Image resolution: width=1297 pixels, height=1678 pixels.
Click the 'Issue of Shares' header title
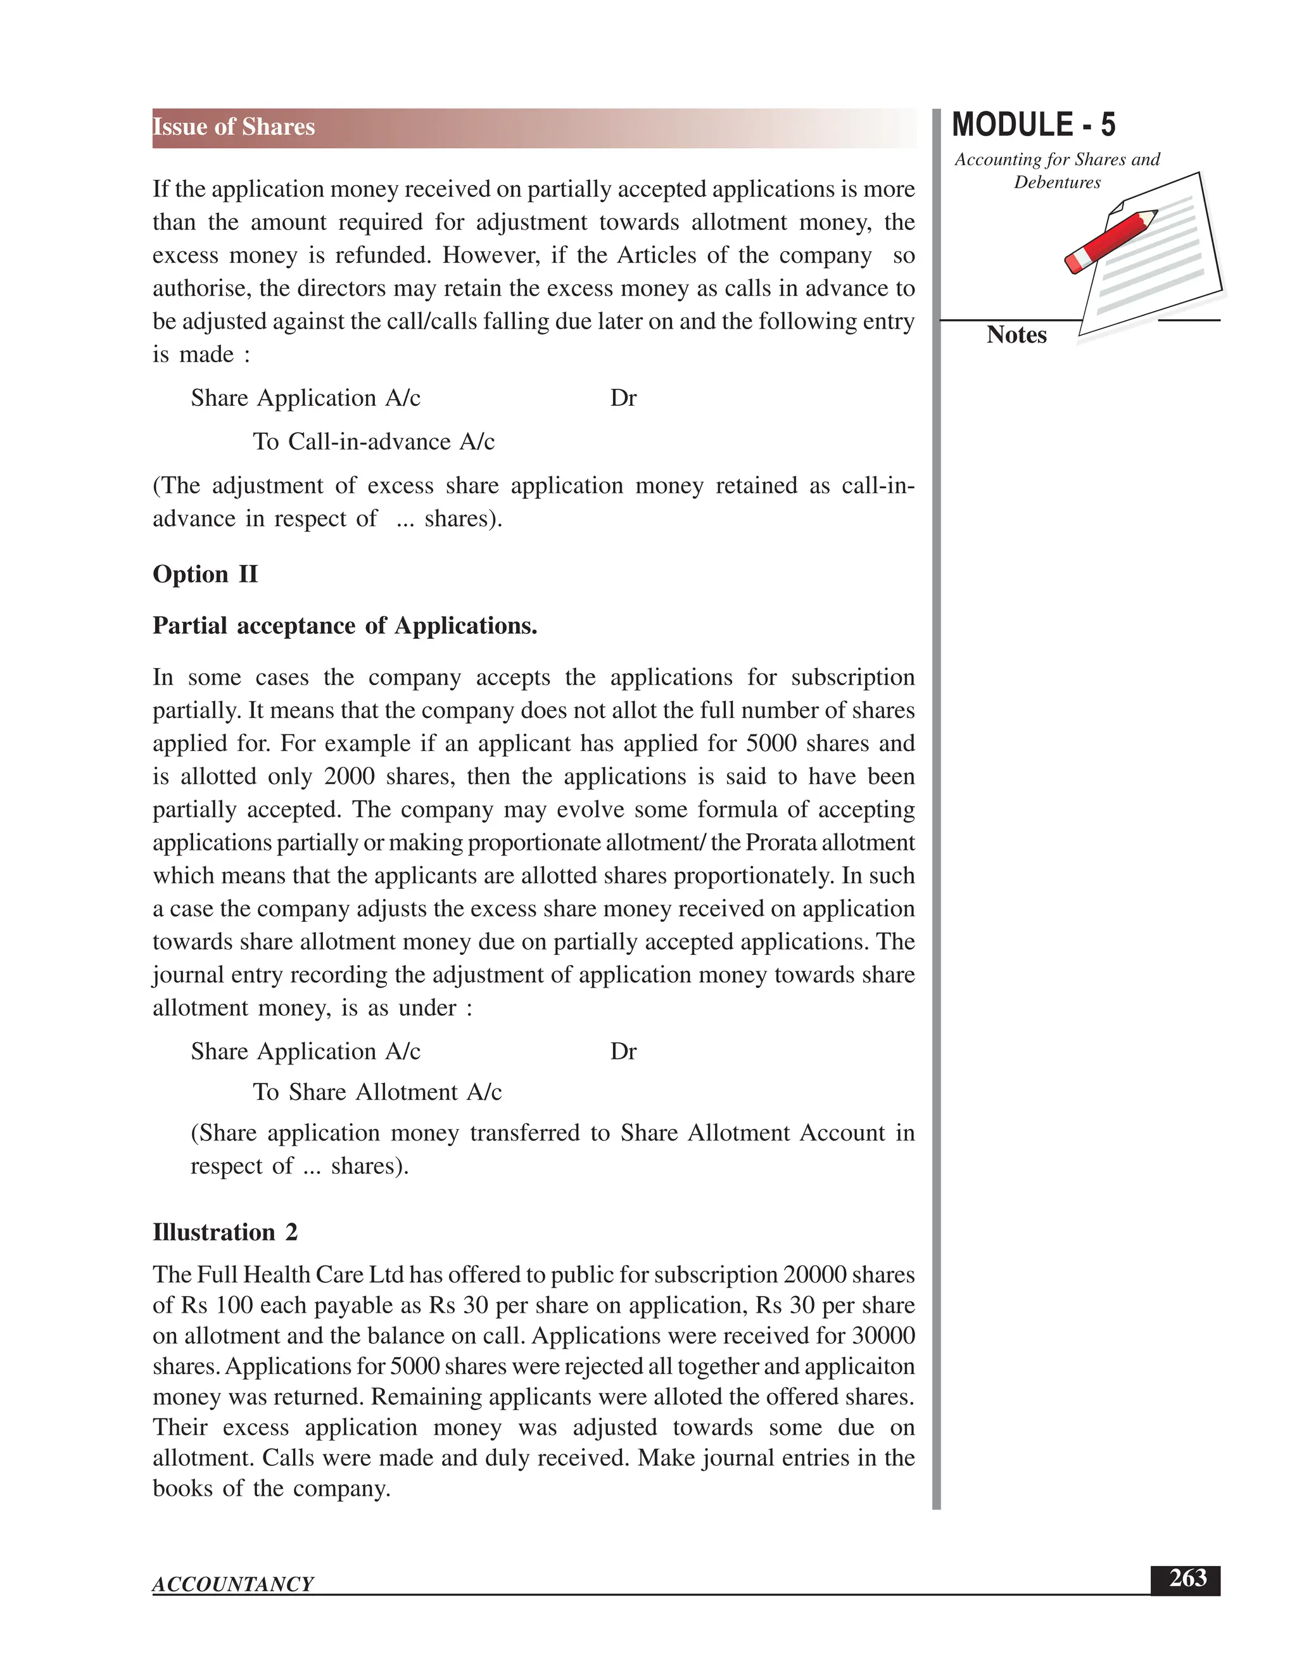pyautogui.click(x=234, y=127)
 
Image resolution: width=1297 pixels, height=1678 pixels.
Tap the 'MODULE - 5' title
pyautogui.click(x=1033, y=125)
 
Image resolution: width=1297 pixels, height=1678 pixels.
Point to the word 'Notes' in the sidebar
pyautogui.click(x=1016, y=335)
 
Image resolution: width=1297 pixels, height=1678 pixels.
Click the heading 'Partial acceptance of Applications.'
pyautogui.click(x=345, y=626)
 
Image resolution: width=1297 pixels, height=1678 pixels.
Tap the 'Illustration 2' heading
pyautogui.click(x=225, y=1232)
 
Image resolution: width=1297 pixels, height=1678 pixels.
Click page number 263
pyautogui.click(x=1187, y=1577)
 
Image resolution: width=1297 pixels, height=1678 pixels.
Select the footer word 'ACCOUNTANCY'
pyautogui.click(x=233, y=1584)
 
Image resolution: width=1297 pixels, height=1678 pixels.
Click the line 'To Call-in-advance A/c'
pyautogui.click(x=374, y=442)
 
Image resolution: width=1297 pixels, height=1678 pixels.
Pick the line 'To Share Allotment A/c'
pyautogui.click(x=377, y=1092)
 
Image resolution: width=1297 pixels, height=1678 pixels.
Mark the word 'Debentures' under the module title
pyautogui.click(x=1056, y=183)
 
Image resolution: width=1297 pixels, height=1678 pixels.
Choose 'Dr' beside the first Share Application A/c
pyautogui.click(x=623, y=398)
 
